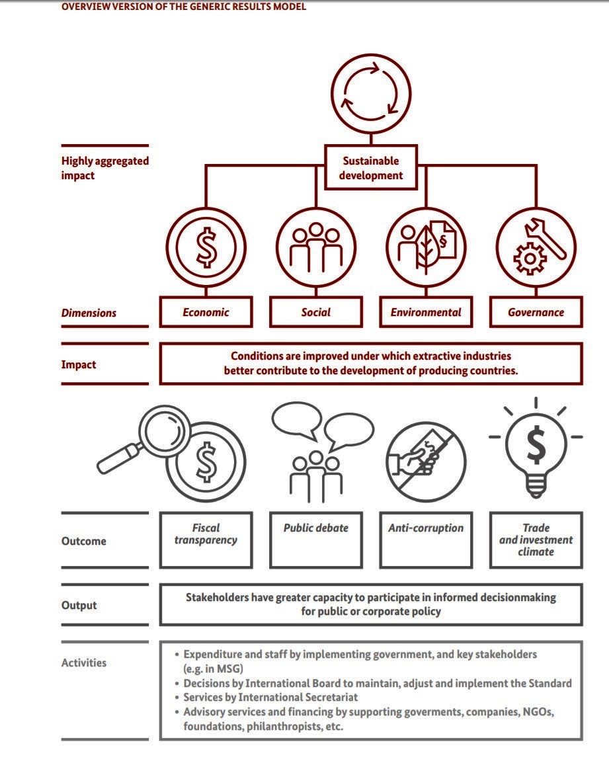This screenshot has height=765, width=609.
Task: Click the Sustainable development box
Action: pos(371,168)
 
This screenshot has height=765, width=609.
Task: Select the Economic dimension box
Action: pos(206,312)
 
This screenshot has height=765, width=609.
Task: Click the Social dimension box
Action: pos(316,312)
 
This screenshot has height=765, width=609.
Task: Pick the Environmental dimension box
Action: pos(426,312)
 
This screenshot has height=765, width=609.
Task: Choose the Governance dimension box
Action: pos(536,312)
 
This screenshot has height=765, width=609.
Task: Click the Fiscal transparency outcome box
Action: pos(206,540)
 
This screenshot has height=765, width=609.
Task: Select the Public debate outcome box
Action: pos(316,540)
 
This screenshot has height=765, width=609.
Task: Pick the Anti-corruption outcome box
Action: pos(426,540)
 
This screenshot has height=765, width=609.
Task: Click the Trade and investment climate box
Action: pos(536,540)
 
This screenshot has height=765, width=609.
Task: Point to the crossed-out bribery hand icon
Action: pos(426,456)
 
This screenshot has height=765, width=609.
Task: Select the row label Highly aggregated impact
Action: pos(105,168)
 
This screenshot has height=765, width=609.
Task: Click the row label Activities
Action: pos(84,663)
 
